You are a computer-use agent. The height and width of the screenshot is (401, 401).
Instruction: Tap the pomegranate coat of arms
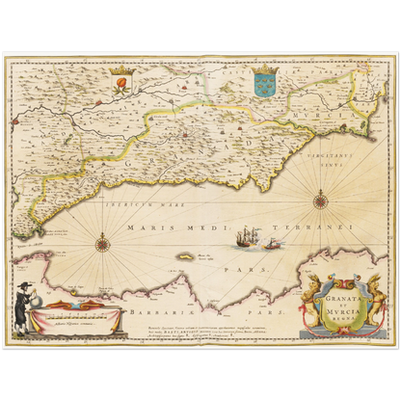click(x=120, y=85)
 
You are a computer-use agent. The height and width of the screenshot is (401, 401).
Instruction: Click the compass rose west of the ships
click(x=103, y=242)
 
